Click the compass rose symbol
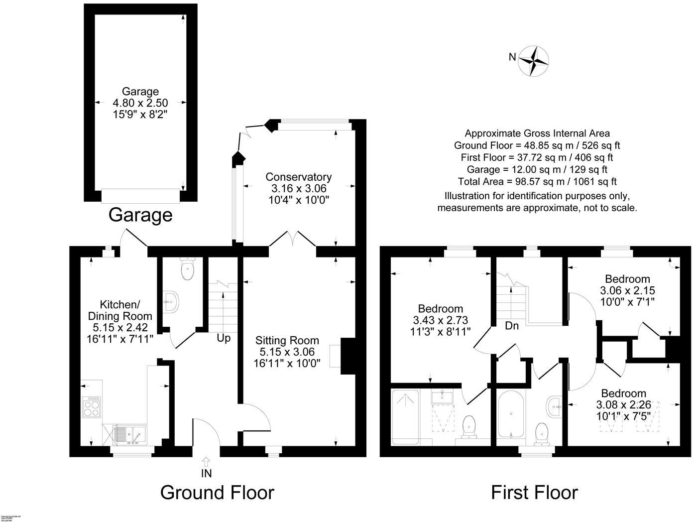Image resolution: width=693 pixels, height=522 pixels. pyautogui.click(x=534, y=61)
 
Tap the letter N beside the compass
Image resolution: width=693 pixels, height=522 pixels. pyautogui.click(x=512, y=57)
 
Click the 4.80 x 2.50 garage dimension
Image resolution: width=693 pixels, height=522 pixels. pyautogui.click(x=140, y=103)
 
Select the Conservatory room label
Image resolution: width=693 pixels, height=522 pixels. pyautogui.click(x=298, y=177)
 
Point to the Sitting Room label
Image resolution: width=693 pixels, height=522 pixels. pyautogui.click(x=287, y=341)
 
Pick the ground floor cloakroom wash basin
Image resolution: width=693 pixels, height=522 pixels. pyautogui.click(x=171, y=302)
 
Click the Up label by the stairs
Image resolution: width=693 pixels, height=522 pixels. pyautogui.click(x=224, y=338)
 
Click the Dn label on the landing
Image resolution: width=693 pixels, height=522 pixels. pyautogui.click(x=512, y=326)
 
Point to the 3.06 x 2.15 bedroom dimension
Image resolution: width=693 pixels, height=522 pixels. pyautogui.click(x=627, y=290)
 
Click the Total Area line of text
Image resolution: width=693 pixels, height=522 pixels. pyautogui.click(x=537, y=181)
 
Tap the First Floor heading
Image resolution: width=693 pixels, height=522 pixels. pyautogui.click(x=534, y=492)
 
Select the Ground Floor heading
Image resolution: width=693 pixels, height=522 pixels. pyautogui.click(x=217, y=492)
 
